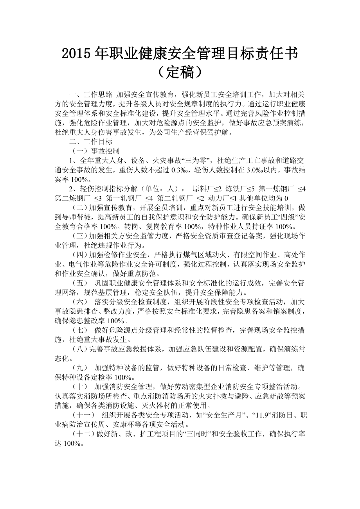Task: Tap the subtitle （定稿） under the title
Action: coord(180,72)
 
